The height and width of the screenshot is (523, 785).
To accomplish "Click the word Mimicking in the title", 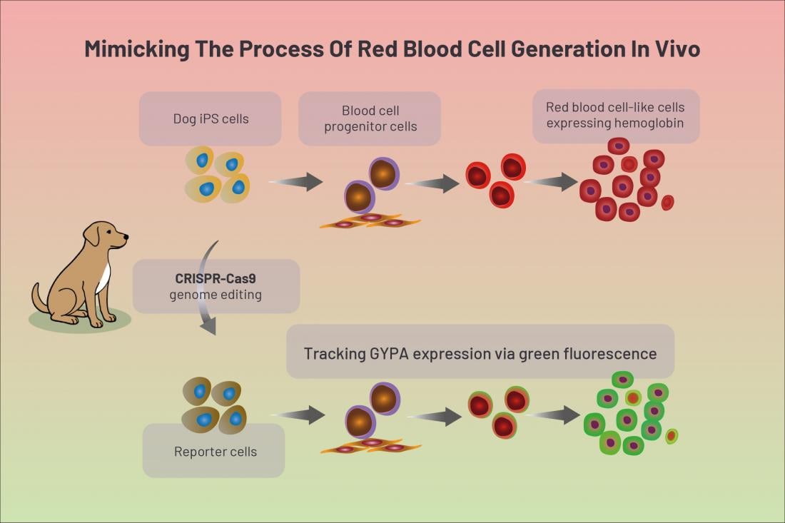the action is click(x=136, y=49).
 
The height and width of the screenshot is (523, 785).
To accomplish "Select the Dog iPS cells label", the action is click(x=211, y=118).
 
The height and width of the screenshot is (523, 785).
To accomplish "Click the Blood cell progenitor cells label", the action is click(x=370, y=118).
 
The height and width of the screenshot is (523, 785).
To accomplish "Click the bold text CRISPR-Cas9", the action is click(x=216, y=278).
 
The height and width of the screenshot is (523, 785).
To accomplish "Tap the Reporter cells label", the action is click(x=216, y=452).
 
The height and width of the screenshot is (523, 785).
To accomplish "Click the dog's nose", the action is click(x=126, y=236).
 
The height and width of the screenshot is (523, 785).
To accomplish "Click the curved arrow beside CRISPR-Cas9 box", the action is click(x=206, y=287).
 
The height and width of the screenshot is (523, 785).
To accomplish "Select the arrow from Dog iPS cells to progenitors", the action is click(x=296, y=182).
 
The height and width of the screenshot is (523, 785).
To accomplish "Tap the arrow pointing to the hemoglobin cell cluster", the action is click(x=551, y=182).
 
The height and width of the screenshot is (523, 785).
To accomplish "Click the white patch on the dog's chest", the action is click(x=103, y=278).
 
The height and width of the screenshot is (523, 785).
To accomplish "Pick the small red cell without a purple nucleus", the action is click(x=668, y=202).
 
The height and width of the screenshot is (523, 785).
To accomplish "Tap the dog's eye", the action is click(x=112, y=231).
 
